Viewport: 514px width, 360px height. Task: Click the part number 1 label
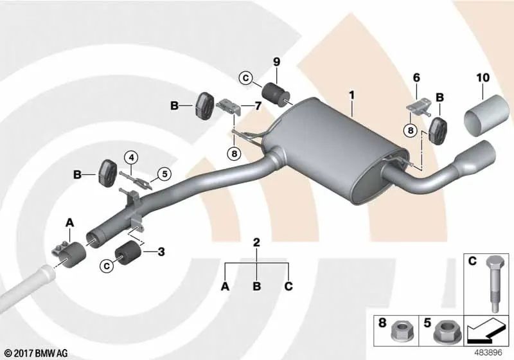click(351, 95)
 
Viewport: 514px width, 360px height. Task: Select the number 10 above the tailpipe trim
click(483, 78)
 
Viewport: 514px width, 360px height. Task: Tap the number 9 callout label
click(277, 62)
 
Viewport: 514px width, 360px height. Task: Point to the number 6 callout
click(416, 78)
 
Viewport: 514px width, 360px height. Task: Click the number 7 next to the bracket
click(258, 105)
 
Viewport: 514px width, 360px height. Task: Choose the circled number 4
click(131, 158)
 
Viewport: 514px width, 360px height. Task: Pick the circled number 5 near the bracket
click(164, 174)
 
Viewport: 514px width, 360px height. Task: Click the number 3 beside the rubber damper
click(161, 252)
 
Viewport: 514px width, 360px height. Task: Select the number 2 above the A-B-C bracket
click(256, 242)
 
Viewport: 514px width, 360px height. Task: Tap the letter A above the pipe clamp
click(70, 223)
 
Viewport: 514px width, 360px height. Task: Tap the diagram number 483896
click(488, 353)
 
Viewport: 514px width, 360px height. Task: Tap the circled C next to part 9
click(246, 78)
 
